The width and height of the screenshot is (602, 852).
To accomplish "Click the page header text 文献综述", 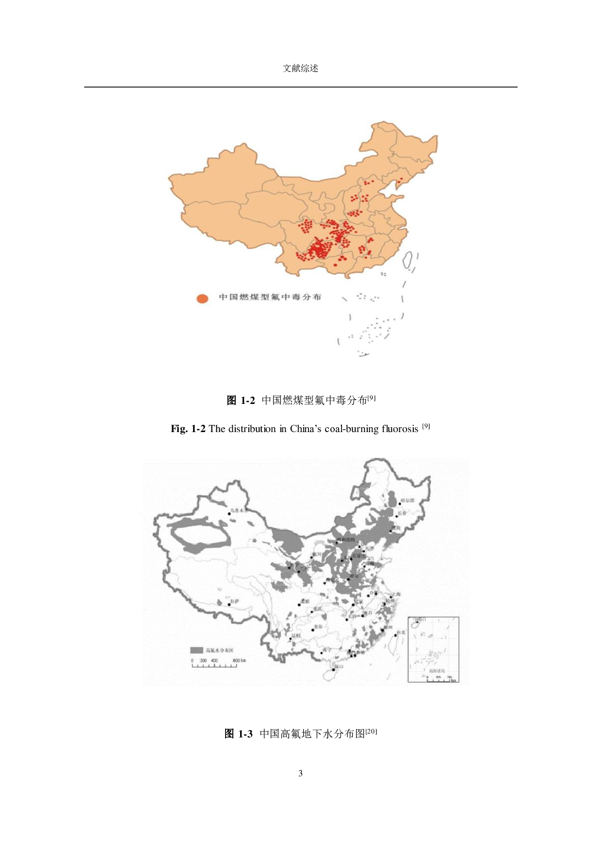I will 300,68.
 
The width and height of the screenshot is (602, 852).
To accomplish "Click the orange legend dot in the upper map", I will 202,299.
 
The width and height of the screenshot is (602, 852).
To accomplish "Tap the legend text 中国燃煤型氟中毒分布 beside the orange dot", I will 270,297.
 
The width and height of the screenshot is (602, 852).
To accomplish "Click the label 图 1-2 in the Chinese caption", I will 240,401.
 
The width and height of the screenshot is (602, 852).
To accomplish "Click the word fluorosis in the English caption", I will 399,429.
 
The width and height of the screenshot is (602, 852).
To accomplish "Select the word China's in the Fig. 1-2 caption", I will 307,429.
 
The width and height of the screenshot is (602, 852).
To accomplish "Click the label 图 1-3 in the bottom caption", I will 238,734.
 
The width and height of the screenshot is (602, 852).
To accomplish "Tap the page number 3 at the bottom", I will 300,773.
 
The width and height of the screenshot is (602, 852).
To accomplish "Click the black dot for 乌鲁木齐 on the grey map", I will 229,514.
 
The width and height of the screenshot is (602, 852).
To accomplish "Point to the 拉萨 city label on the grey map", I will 235,601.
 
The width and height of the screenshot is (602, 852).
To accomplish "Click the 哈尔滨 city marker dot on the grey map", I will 399,504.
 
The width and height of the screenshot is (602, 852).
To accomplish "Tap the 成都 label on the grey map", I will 305,601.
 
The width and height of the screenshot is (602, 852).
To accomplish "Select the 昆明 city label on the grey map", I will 296,635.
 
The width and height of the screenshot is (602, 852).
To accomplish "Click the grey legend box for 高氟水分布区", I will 196,650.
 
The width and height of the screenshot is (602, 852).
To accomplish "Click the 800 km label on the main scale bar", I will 239,661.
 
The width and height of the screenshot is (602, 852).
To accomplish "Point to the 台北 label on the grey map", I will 401,633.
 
